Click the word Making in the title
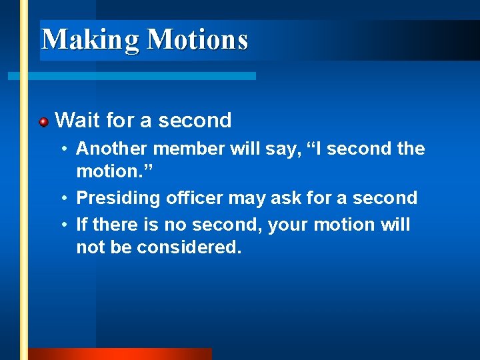coord(91,39)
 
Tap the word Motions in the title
coord(197,39)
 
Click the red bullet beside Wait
coord(43,121)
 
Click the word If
coord(82,225)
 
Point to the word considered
coord(189,247)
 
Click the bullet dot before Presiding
coord(66,198)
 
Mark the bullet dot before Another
coord(66,148)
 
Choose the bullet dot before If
coord(66,225)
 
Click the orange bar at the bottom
coord(120,354)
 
